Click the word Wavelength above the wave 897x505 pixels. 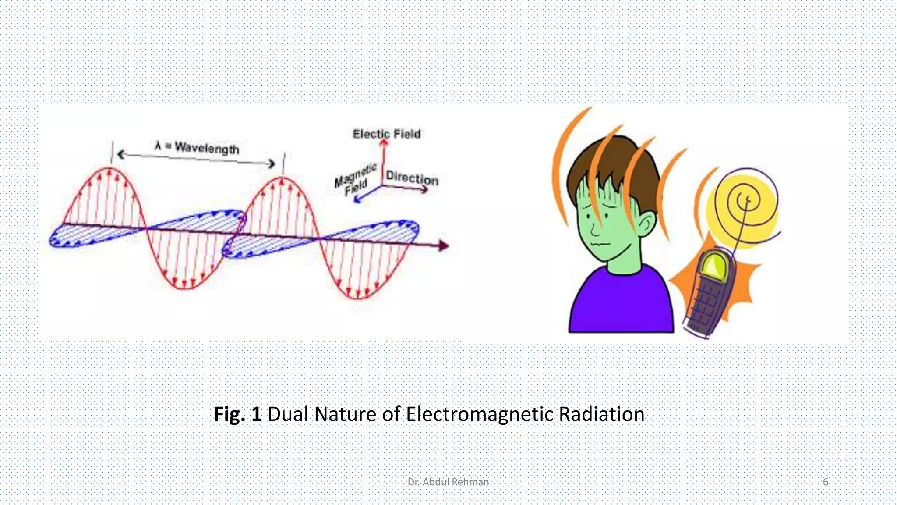tap(207, 148)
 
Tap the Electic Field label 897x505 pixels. tap(386, 134)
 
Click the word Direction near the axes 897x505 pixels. tap(412, 178)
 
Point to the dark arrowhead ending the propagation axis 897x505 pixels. tap(444, 246)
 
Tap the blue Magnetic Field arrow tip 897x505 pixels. tap(357, 199)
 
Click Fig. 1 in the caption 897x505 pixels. tap(237, 414)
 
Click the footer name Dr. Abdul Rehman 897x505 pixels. tap(448, 482)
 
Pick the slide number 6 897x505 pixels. tap(825, 482)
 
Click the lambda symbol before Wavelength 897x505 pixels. tap(158, 145)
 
